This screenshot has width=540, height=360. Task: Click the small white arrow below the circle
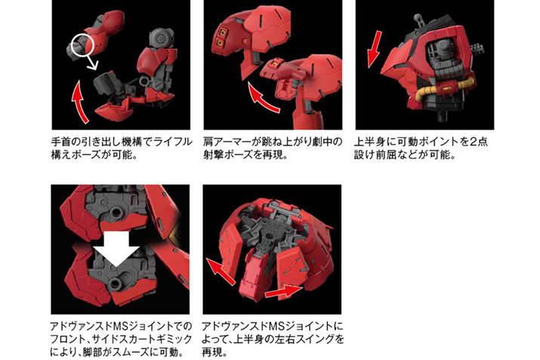coord(91,62)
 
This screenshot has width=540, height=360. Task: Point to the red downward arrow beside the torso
coord(374,49)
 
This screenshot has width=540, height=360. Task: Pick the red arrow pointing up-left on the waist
coord(221,271)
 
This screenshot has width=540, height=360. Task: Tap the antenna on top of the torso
coord(418,20)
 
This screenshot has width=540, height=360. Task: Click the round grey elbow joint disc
coord(162,38)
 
